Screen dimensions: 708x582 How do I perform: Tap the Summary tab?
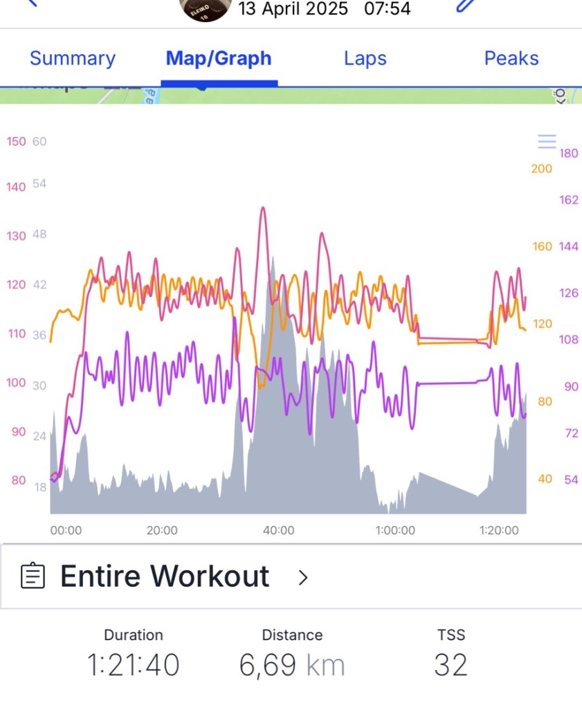click(72, 58)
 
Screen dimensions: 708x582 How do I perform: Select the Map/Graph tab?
click(219, 58)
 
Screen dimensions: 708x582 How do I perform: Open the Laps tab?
click(365, 58)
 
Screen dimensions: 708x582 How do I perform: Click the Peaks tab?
click(511, 58)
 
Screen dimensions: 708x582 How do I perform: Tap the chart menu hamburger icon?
click(547, 142)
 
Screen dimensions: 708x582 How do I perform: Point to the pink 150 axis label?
click(16, 141)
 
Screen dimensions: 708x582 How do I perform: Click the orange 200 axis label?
click(541, 169)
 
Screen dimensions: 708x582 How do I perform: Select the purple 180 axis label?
click(568, 153)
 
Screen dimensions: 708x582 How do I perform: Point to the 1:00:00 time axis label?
click(395, 531)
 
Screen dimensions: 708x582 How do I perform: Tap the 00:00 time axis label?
click(66, 531)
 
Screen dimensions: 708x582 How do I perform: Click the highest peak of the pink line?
click(263, 208)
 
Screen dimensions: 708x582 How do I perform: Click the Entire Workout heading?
click(165, 576)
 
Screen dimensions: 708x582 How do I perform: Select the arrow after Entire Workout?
click(302, 577)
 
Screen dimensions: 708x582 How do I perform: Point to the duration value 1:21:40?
click(134, 665)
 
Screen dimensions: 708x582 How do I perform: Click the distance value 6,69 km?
click(291, 665)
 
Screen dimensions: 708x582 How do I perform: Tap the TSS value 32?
click(451, 665)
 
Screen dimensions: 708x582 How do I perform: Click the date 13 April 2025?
click(293, 9)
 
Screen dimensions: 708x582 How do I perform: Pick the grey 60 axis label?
click(39, 141)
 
